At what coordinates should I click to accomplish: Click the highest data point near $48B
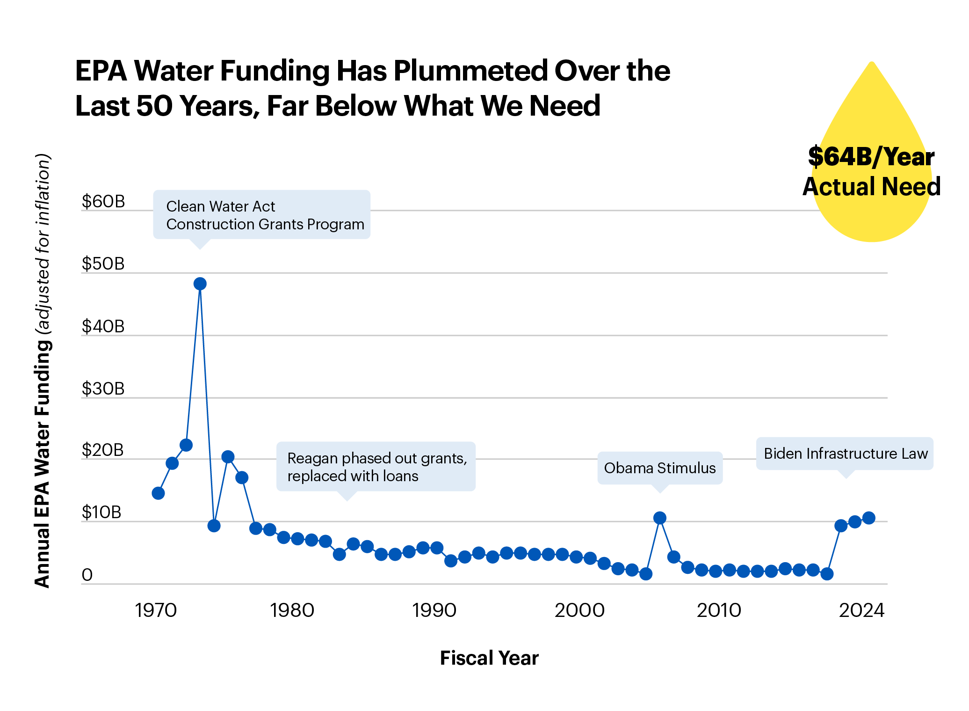(x=200, y=284)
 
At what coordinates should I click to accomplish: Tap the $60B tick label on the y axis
(x=103, y=201)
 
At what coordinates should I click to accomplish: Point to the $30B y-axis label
(x=103, y=388)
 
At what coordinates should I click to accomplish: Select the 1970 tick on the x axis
(x=156, y=610)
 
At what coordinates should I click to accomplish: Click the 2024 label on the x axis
(x=861, y=610)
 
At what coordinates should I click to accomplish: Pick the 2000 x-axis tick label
(x=579, y=610)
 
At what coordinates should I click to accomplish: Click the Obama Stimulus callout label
(x=659, y=468)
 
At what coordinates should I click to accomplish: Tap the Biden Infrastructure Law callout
(x=845, y=454)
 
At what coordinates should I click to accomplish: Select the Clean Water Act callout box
(x=262, y=215)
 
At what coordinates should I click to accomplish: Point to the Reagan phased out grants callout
(x=376, y=467)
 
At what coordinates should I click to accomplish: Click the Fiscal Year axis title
(x=489, y=658)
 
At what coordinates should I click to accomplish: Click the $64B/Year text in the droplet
(x=871, y=157)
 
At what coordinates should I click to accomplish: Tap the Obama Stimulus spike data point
(x=659, y=518)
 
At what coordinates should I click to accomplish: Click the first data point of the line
(x=158, y=493)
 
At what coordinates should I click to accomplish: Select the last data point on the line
(x=868, y=518)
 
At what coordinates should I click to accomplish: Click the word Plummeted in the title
(x=470, y=71)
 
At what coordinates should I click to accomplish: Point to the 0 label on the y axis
(x=87, y=575)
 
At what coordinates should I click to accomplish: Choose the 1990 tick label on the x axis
(x=434, y=610)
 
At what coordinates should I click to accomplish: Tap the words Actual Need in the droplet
(x=871, y=187)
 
